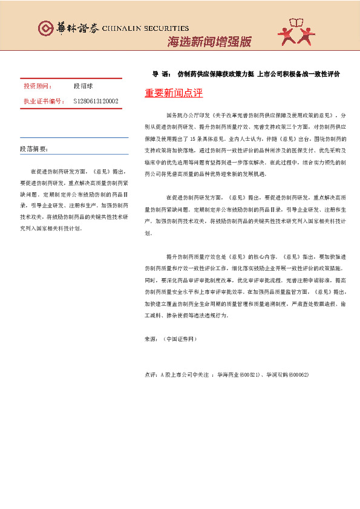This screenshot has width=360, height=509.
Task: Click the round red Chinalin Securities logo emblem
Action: (45, 28)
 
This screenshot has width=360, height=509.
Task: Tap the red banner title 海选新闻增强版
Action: (208, 42)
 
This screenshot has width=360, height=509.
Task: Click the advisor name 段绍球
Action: (83, 87)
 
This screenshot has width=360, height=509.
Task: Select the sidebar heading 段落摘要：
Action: (34, 149)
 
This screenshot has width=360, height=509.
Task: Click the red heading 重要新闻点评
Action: (174, 94)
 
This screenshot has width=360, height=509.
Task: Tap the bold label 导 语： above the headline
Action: (162, 74)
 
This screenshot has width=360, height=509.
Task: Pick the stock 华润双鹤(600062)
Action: (289, 375)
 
